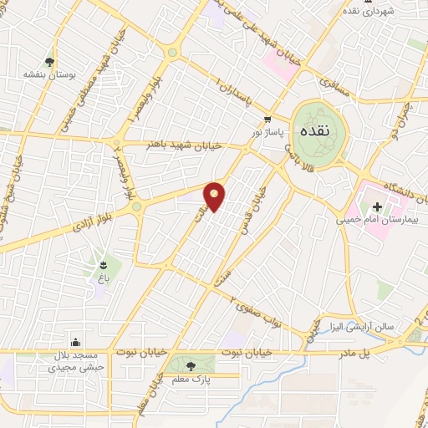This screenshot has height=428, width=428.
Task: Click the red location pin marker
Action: [215, 196]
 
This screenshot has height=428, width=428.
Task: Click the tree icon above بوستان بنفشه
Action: [51, 62]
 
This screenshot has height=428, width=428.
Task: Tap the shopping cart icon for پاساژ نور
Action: [267, 119]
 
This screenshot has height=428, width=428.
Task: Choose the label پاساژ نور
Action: [269, 132]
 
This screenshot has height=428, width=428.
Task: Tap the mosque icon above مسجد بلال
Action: [77, 341]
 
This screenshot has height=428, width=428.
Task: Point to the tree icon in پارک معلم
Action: [191, 365]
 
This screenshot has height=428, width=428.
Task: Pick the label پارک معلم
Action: [191, 380]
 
